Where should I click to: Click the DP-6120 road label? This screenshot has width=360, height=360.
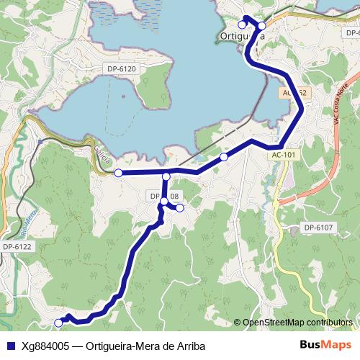pyautogui.click(x=121, y=68)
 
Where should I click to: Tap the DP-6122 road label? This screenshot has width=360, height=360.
pyautogui.click(x=17, y=246)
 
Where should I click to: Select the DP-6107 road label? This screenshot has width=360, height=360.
pyautogui.click(x=318, y=228)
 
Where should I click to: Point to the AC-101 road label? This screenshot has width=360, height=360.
pyautogui.click(x=284, y=154)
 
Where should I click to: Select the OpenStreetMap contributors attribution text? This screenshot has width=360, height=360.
pyautogui.click(x=297, y=322)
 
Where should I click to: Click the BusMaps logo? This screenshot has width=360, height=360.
pyautogui.click(x=325, y=343)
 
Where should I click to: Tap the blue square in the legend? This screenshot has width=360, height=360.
pyautogui.click(x=11, y=344)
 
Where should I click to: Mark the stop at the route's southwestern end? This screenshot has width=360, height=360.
pyautogui.click(x=59, y=323)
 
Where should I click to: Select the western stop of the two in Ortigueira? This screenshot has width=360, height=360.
pyautogui.click(x=243, y=25)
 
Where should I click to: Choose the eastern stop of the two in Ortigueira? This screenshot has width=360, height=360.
pyautogui.click(x=262, y=26)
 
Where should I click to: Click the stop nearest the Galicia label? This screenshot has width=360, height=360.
pyautogui.click(x=118, y=173)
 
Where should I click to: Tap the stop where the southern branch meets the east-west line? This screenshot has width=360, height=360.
pyautogui.click(x=166, y=176)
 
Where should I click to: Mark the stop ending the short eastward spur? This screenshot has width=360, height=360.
pyautogui.click(x=180, y=208)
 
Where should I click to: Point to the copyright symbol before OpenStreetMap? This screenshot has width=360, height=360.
pyautogui.click(x=237, y=322)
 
